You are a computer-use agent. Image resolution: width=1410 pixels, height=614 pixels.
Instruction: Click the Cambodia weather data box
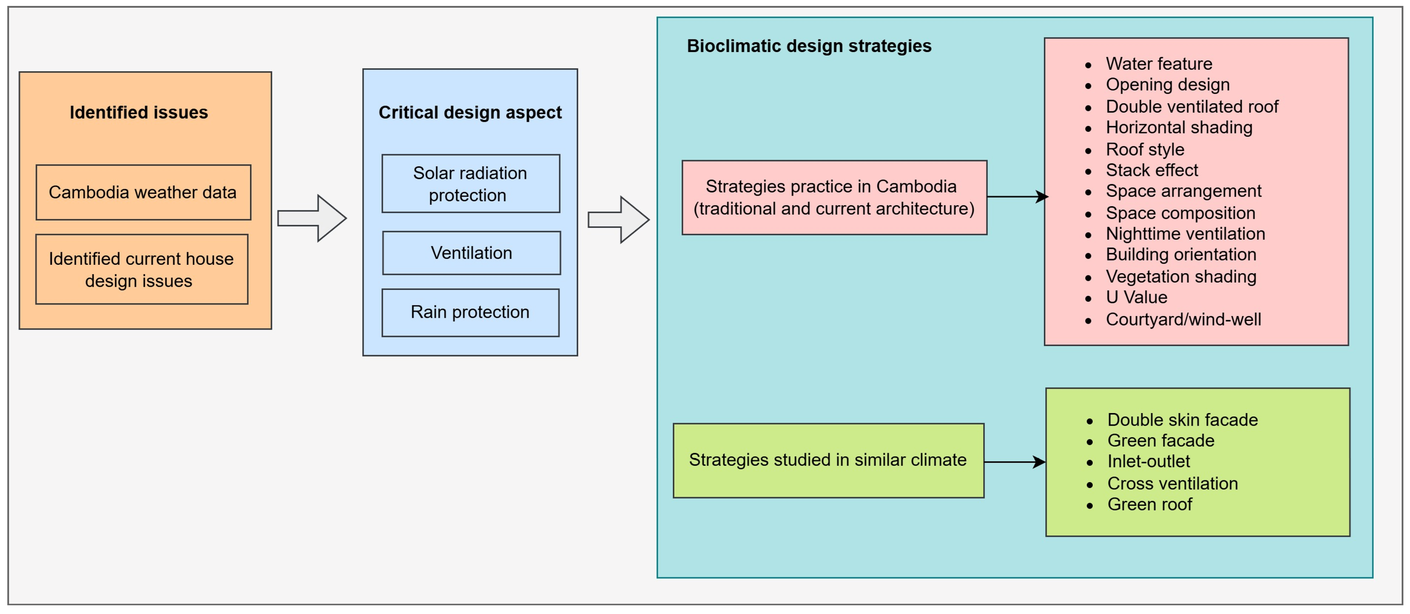click(x=143, y=192)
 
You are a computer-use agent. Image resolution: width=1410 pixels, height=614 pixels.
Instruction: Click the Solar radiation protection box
click(x=470, y=184)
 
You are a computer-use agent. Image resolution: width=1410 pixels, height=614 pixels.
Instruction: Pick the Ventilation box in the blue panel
click(x=471, y=253)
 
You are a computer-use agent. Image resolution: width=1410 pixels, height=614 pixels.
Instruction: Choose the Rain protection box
click(x=470, y=312)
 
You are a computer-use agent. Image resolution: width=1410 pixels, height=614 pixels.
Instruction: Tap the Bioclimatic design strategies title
click(x=809, y=46)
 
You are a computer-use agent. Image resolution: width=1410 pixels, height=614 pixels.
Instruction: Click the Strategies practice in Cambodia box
click(x=834, y=197)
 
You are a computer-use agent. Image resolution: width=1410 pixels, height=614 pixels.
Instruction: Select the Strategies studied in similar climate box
click(x=828, y=460)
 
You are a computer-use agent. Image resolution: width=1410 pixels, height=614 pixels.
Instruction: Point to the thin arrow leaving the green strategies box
click(x=1014, y=462)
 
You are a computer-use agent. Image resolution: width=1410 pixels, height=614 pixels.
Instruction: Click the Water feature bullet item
click(x=1158, y=63)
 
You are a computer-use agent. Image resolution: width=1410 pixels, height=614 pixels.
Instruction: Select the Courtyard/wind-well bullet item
click(x=1183, y=319)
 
